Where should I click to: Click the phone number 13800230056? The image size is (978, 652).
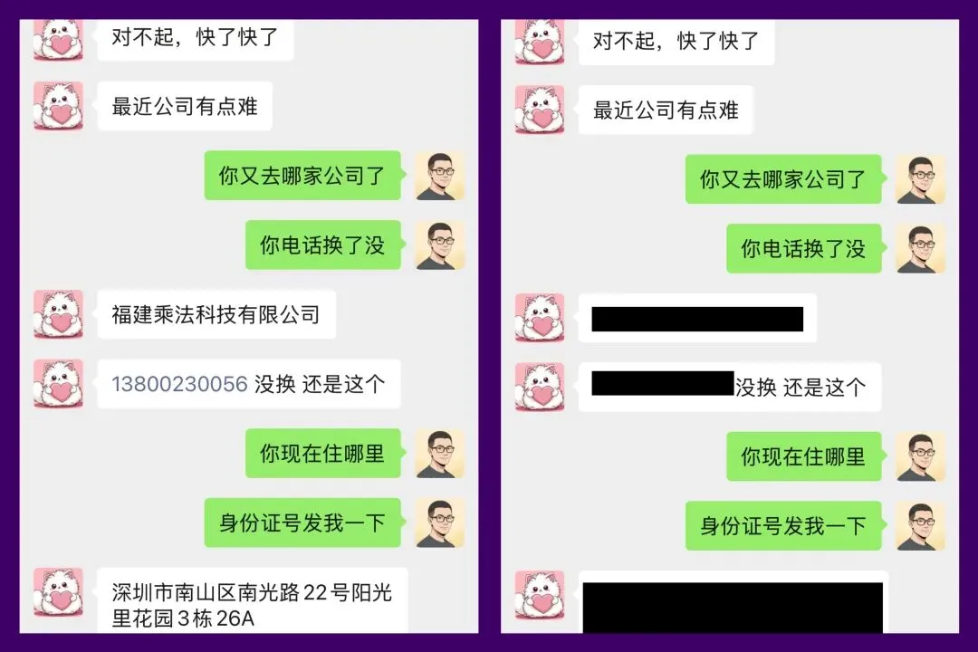[179, 384]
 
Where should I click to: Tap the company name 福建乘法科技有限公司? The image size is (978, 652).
[216, 315]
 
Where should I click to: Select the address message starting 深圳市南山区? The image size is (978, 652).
[252, 606]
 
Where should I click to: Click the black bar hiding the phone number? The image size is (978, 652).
[662, 383]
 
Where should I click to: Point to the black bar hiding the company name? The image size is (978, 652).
[697, 319]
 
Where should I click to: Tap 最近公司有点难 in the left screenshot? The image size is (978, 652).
[185, 107]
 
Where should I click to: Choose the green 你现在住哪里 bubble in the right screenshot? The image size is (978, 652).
[803, 457]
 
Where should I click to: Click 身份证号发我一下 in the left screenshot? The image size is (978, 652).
[302, 523]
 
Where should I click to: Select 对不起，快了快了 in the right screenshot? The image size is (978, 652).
[676, 41]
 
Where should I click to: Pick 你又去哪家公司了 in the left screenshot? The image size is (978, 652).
[302, 176]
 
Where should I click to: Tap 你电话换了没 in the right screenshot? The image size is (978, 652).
[803, 249]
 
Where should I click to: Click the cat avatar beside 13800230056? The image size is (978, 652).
[58, 384]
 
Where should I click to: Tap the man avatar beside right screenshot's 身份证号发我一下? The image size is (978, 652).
[921, 526]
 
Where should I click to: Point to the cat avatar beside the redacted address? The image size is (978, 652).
[540, 596]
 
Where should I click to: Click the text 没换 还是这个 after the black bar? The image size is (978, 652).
[800, 388]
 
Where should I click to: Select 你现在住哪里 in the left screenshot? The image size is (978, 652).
[322, 454]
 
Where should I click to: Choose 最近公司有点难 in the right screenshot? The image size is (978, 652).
[666, 110]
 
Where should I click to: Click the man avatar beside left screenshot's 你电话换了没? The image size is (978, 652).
[440, 245]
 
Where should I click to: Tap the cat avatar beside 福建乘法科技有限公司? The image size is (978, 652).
[58, 315]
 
